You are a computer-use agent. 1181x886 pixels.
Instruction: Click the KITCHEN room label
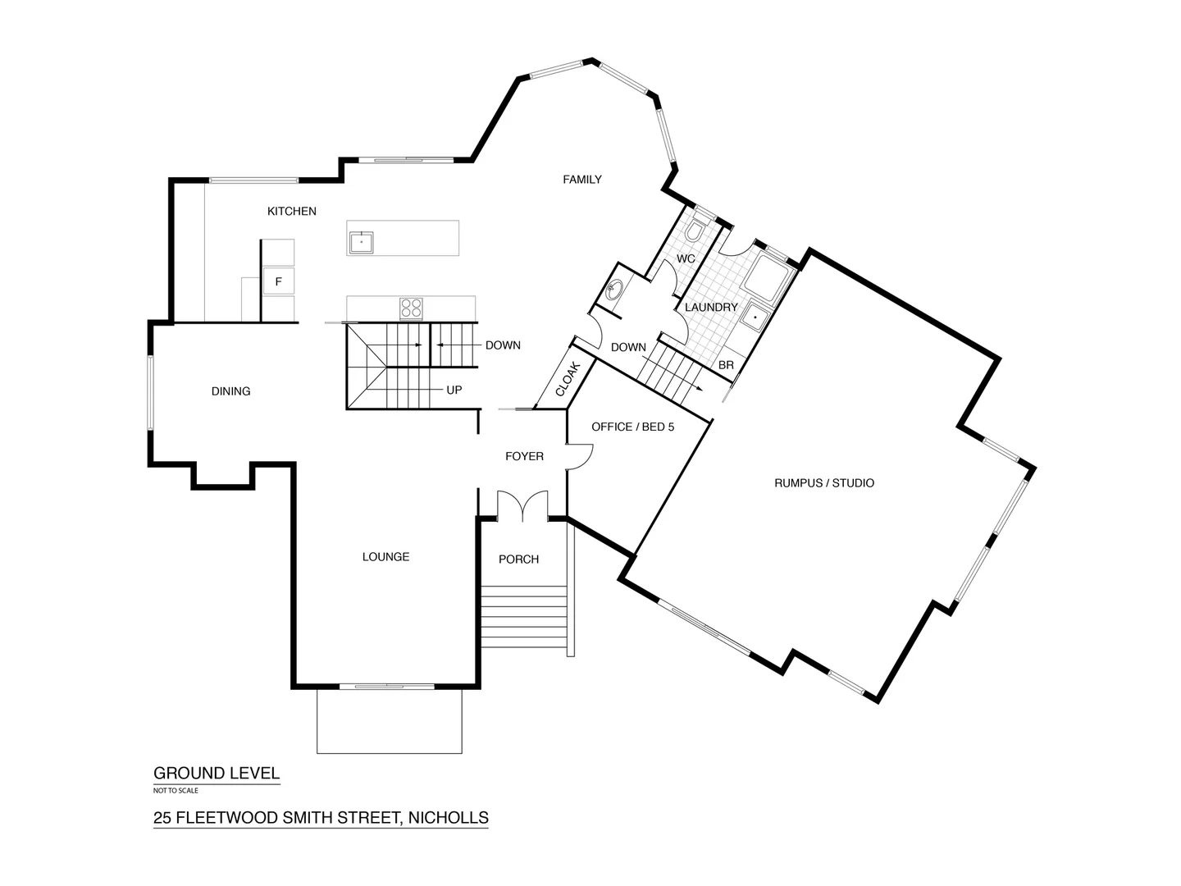pos(291,212)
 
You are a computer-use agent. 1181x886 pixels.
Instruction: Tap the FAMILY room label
pos(581,180)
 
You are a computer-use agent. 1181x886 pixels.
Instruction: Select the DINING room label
pos(230,391)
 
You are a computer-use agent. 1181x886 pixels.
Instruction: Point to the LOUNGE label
pos(385,557)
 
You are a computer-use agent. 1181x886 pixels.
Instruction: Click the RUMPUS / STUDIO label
pos(823,483)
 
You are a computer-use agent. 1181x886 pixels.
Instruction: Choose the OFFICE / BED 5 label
pos(632,427)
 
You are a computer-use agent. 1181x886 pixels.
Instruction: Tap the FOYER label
pos(524,456)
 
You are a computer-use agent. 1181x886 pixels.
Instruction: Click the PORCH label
pos(518,559)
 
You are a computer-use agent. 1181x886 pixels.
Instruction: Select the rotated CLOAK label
pos(568,379)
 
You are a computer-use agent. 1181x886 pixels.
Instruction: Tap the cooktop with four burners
pos(411,308)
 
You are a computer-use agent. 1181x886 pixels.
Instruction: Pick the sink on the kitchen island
pos(361,243)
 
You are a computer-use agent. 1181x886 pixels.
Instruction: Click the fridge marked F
pos(278,281)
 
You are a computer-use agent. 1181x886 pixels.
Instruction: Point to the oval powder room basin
pos(614,290)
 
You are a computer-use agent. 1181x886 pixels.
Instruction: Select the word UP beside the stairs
pos(454,390)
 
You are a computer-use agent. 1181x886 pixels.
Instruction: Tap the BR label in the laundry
pos(726,365)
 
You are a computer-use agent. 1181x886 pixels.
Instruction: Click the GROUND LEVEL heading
pos(217,773)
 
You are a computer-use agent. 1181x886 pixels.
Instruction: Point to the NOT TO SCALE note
pos(176,791)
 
